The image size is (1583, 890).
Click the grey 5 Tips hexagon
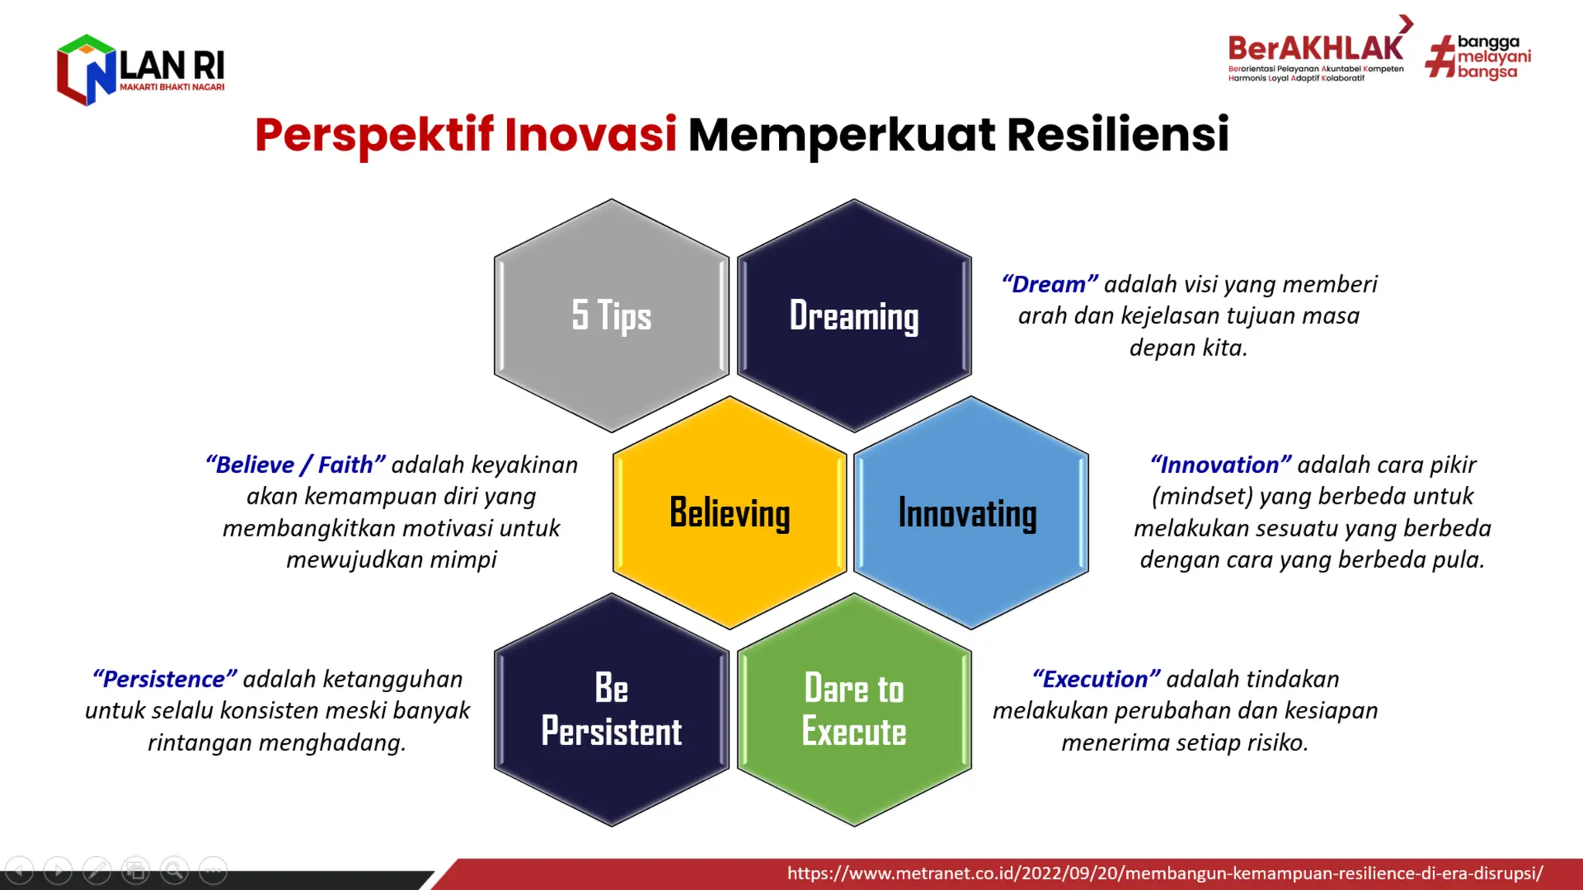click(611, 315)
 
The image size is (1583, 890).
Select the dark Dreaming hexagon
click(854, 315)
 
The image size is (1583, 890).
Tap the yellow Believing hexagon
click(730, 512)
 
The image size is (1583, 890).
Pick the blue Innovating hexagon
click(971, 512)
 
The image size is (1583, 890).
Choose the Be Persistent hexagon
click(611, 710)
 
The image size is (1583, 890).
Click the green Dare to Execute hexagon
click(854, 710)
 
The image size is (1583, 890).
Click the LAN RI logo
click(141, 70)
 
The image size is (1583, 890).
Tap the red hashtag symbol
click(1440, 57)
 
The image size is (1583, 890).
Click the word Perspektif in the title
click(374, 134)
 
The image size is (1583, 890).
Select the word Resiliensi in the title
click(1118, 134)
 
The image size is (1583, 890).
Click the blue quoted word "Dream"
click(1050, 284)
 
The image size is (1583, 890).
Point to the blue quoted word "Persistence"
click(165, 679)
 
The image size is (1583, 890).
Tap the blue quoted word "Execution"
click(1096, 679)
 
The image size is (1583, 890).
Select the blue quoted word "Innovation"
click(1220, 465)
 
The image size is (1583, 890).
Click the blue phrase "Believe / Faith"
click(295, 465)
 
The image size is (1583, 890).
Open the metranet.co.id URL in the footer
click(1165, 874)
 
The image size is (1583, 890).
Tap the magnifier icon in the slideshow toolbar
click(175, 871)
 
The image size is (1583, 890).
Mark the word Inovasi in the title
click(591, 134)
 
